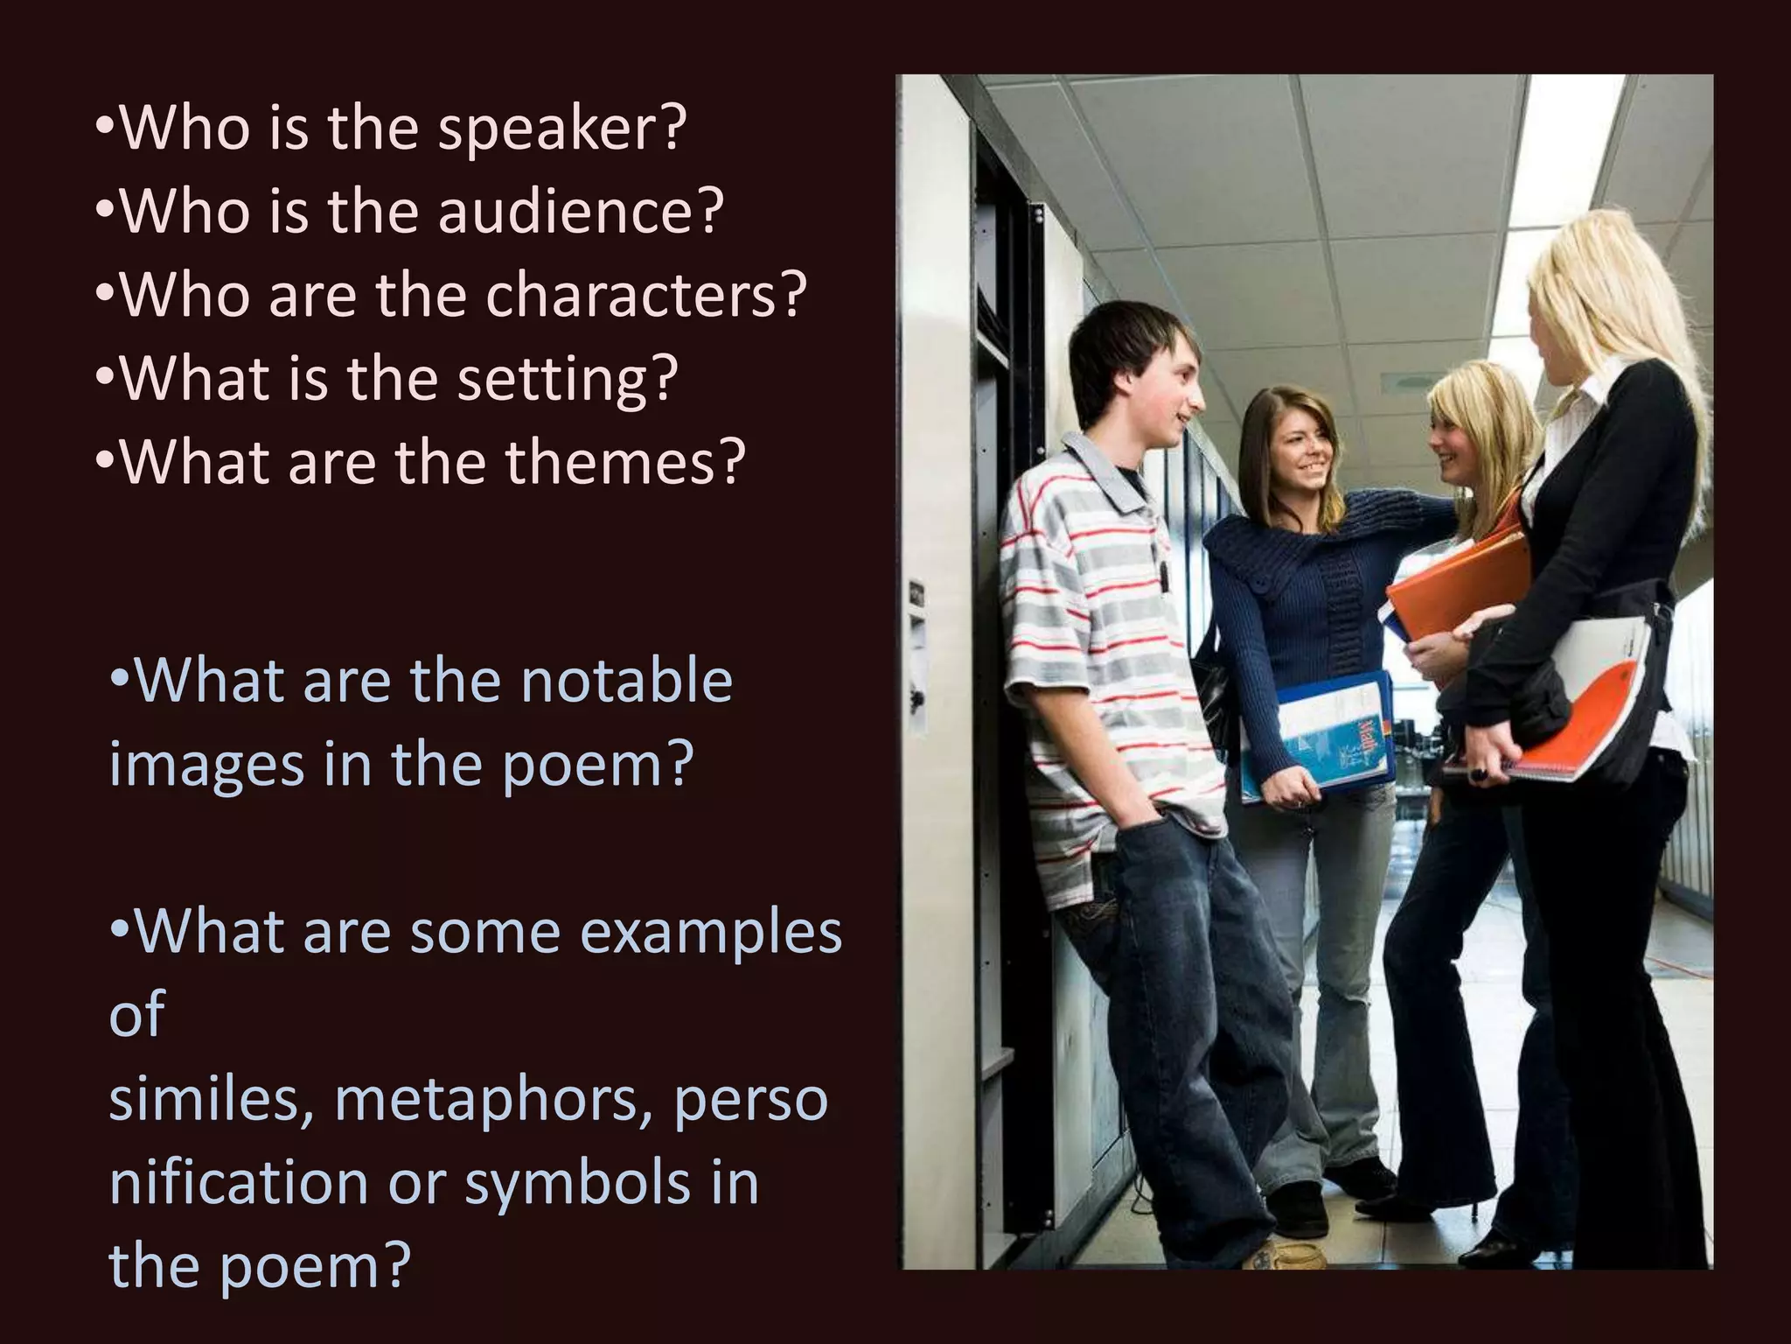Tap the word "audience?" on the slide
(x=581, y=212)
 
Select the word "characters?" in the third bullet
(x=645, y=295)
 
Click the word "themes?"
(x=625, y=462)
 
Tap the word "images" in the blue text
(x=206, y=765)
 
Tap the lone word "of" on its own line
(x=136, y=1015)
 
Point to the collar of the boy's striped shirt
(x=1106, y=477)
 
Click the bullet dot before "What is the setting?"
(x=104, y=380)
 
